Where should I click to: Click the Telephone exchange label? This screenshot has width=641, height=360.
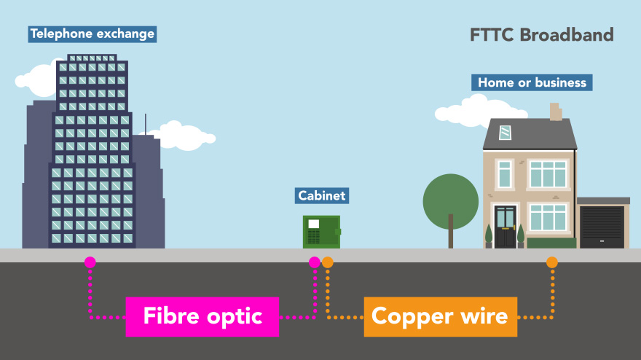click(92, 34)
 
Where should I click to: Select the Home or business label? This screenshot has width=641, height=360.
click(532, 82)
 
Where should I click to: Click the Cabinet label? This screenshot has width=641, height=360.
click(321, 195)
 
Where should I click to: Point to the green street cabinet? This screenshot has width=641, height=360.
click(321, 231)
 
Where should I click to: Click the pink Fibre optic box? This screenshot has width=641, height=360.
click(202, 316)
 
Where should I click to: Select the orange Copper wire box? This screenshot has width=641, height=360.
click(440, 316)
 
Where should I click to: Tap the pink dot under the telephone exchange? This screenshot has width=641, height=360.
click(90, 262)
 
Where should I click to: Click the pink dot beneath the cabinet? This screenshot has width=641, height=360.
click(315, 262)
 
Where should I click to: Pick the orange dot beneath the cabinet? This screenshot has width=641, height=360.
click(328, 262)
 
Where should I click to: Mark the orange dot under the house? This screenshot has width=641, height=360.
click(552, 262)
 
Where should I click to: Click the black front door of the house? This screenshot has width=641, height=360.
click(505, 227)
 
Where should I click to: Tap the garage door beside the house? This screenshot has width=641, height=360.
click(602, 227)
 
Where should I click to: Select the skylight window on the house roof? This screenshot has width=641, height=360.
click(506, 133)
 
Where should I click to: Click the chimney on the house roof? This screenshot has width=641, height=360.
click(556, 111)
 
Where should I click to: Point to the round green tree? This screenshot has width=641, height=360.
click(451, 198)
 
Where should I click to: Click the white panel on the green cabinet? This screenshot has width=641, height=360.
click(313, 224)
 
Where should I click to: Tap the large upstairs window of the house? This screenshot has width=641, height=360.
click(548, 174)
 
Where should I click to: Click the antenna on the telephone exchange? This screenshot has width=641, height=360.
click(145, 124)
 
